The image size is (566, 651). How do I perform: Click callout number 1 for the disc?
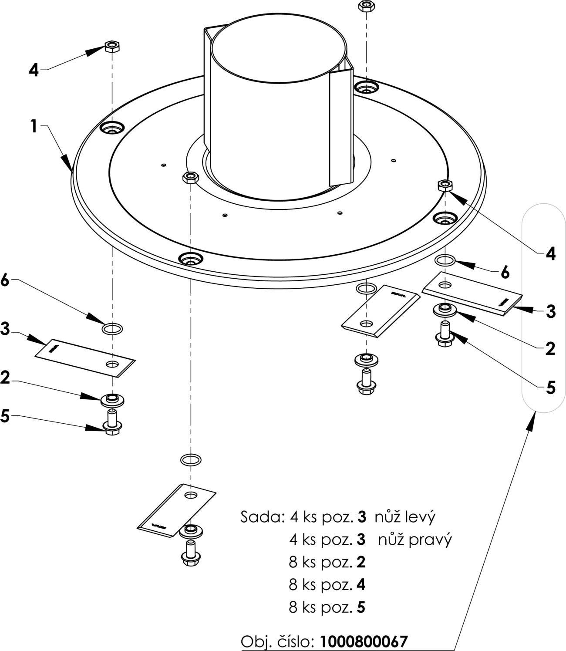click(x=33, y=126)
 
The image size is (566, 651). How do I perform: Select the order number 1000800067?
click(x=364, y=641)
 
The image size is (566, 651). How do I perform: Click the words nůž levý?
click(x=404, y=517)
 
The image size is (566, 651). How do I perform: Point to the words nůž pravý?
click(x=414, y=540)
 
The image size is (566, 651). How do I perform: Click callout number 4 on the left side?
click(x=34, y=70)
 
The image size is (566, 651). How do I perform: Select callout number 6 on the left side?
click(x=5, y=281)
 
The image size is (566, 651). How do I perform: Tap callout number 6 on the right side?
click(x=505, y=273)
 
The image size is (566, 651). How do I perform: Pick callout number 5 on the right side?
click(x=550, y=387)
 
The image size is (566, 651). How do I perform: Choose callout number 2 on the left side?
click(x=5, y=378)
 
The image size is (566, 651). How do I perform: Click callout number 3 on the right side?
click(x=550, y=311)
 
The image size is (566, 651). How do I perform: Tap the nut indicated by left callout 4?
click(x=112, y=46)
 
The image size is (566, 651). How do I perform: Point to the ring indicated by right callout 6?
click(x=445, y=260)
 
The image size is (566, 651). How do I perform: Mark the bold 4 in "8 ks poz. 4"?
click(x=361, y=584)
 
